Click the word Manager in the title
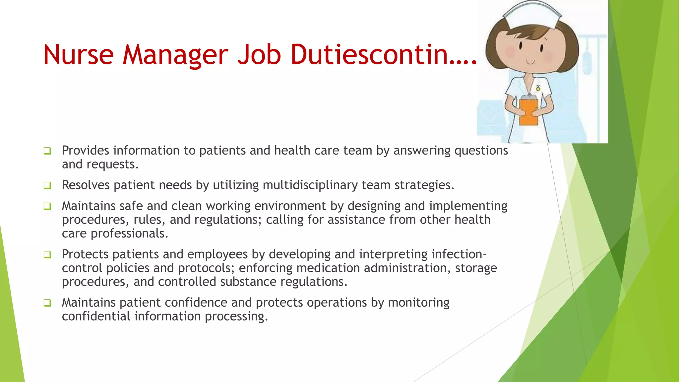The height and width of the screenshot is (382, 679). pyautogui.click(x=175, y=55)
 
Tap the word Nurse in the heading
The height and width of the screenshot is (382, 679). pyautogui.click(x=79, y=55)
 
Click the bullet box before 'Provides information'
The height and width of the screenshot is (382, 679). pyautogui.click(x=47, y=151)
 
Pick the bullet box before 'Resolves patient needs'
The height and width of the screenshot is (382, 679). pyautogui.click(x=47, y=185)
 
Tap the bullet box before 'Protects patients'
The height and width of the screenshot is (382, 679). pyautogui.click(x=47, y=255)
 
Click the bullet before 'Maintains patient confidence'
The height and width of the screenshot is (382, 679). pyautogui.click(x=47, y=303)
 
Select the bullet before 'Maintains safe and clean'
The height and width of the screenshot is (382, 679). pyautogui.click(x=47, y=206)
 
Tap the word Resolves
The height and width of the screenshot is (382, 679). pyautogui.click(x=86, y=185)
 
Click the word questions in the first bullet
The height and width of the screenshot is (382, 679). pyautogui.click(x=481, y=151)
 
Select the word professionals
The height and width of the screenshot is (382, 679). pyautogui.click(x=129, y=233)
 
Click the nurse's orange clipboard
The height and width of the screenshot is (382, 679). pyautogui.click(x=528, y=112)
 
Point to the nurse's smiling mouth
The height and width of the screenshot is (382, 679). pyautogui.click(x=530, y=62)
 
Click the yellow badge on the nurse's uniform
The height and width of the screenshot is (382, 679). pyautogui.click(x=538, y=89)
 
